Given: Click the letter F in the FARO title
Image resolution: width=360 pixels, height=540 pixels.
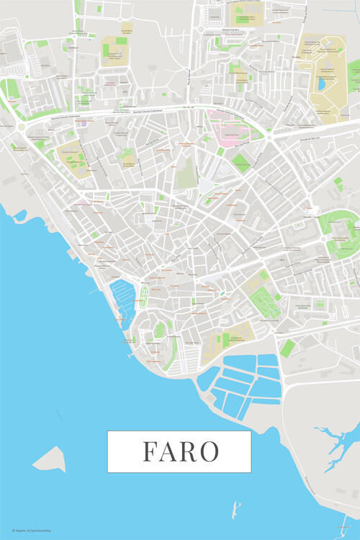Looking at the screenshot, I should [x=150, y=451].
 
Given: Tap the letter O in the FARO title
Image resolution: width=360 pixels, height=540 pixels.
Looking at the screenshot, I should [x=208, y=451].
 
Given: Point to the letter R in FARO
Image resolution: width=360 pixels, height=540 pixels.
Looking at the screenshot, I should [x=188, y=451].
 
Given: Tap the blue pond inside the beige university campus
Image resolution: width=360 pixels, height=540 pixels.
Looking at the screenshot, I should [x=320, y=84].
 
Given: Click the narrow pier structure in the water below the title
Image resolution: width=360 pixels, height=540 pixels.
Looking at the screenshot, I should [x=235, y=510].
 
